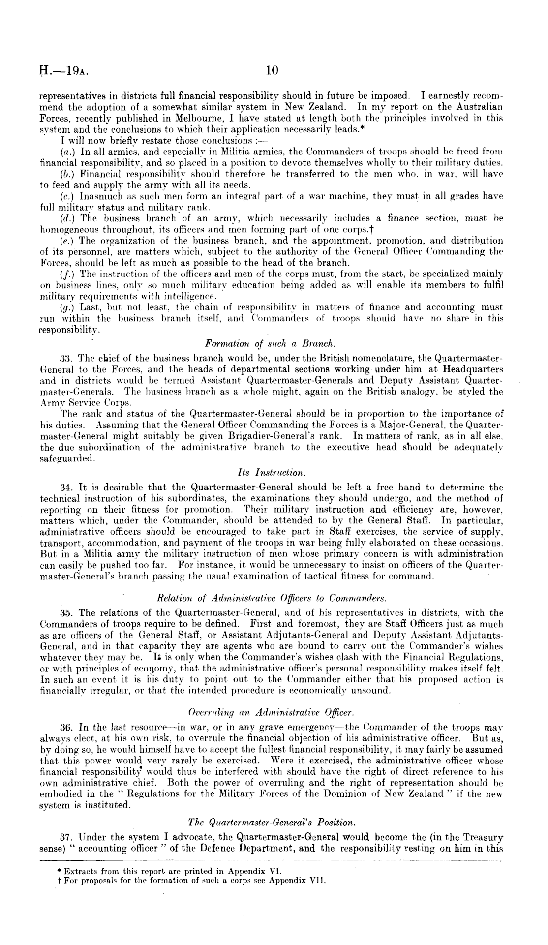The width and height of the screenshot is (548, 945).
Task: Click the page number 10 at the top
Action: click(x=272, y=71)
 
